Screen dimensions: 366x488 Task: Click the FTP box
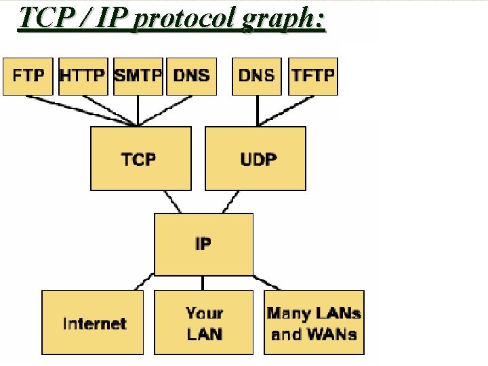coord(28,76)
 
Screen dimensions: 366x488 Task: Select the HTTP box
coord(83,76)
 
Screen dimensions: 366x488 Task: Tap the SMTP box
coord(138,76)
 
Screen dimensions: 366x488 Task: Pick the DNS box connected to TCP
coord(191,76)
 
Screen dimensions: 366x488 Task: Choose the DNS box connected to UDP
coord(257,76)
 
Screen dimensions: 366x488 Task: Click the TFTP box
coord(313,76)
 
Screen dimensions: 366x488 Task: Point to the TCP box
coord(138,159)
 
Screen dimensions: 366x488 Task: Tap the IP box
coord(203,243)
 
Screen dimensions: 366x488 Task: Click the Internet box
coord(93,323)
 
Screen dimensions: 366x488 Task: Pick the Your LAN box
coord(203,323)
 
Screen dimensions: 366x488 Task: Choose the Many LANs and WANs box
coord(314,323)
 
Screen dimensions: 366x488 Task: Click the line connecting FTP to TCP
coord(81,110)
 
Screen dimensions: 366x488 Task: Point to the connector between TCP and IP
coord(172,201)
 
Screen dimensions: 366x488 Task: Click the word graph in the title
coord(277,18)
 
